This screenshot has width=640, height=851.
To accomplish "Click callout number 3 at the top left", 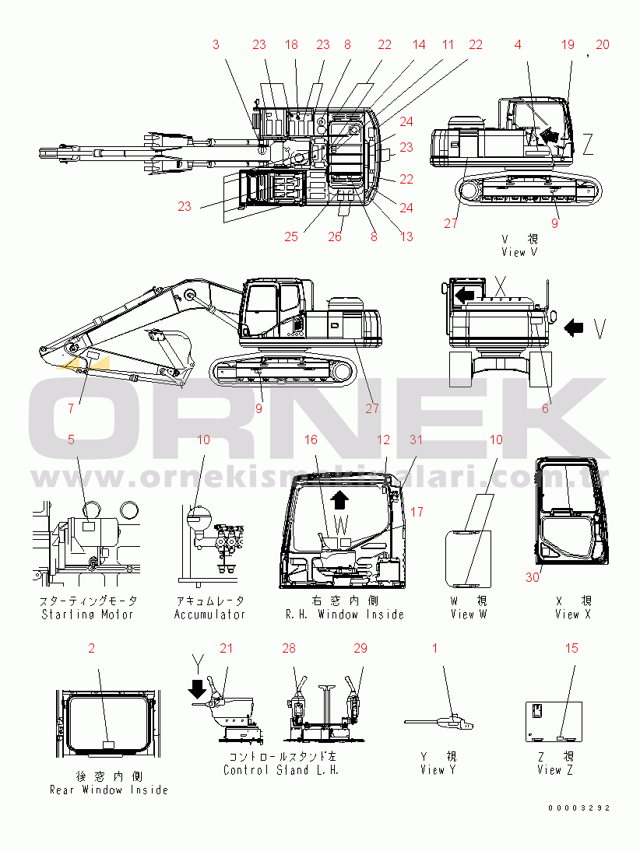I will [216, 45].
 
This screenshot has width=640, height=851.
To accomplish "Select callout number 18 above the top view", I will [291, 45].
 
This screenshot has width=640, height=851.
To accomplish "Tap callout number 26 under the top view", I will [335, 236].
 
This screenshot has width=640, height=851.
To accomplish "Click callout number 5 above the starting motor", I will [71, 440].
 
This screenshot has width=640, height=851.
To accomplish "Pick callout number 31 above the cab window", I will [417, 440].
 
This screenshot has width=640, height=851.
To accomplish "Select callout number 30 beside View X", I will [533, 577].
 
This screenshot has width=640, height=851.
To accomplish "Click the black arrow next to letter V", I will [574, 329].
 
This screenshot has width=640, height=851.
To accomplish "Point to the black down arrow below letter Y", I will [196, 688].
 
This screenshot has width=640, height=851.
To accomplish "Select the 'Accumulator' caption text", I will [209, 615].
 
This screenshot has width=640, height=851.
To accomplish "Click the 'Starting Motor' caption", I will [88, 615].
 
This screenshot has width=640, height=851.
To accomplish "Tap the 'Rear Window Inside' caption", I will [109, 790].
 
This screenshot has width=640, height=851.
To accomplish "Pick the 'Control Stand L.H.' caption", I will [281, 770].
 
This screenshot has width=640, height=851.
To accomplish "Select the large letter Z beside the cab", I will [588, 143].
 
